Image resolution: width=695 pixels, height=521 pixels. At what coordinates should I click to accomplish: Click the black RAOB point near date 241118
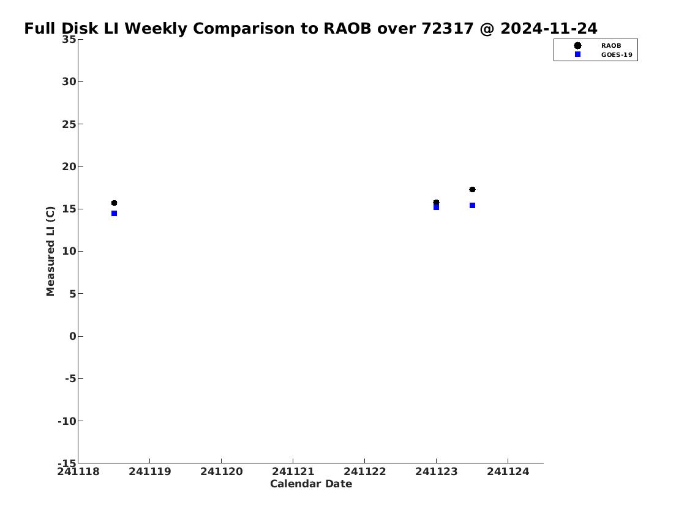114,203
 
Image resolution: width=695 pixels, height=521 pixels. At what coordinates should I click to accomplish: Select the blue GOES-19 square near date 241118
114,214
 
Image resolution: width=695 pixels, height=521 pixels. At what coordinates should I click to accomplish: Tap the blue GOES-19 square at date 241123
436,207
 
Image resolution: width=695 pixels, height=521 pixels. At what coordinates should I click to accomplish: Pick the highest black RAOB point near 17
472,190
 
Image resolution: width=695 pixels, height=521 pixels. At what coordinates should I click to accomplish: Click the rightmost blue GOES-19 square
472,206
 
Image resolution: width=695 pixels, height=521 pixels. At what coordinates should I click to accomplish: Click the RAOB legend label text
610,46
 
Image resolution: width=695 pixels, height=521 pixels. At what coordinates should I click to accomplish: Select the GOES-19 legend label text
617,55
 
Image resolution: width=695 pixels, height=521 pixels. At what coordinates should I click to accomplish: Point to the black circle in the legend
577,46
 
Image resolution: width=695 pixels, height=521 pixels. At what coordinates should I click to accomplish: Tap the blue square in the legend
577,54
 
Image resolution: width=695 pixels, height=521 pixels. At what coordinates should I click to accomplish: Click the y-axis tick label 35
69,39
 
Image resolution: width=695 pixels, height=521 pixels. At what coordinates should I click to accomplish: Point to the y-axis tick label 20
69,167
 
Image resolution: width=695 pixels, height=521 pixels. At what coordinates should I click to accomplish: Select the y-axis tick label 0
73,336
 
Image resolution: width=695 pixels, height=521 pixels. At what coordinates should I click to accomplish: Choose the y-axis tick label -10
67,421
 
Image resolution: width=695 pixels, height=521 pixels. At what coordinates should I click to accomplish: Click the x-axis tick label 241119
150,471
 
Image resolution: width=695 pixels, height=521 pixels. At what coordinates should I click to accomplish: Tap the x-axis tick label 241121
293,471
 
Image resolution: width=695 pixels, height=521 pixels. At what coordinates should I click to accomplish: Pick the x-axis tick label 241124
508,471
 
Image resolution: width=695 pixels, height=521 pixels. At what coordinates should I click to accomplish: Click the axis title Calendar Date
311,484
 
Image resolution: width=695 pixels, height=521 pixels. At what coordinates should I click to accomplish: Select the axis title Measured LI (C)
51,251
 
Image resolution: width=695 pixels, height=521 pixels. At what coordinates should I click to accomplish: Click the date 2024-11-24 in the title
549,28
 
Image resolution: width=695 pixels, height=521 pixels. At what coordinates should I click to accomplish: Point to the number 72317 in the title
447,28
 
